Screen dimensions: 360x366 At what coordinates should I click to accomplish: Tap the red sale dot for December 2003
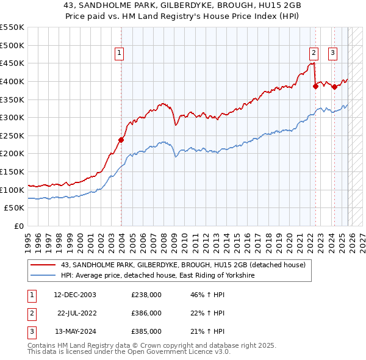[121, 140]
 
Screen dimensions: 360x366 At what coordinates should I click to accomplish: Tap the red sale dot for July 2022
[315, 86]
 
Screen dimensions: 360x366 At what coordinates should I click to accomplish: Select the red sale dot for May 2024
[334, 87]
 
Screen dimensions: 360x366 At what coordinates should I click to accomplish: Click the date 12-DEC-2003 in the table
[75, 295]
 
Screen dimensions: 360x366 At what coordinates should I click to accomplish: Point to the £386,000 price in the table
[146, 313]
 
